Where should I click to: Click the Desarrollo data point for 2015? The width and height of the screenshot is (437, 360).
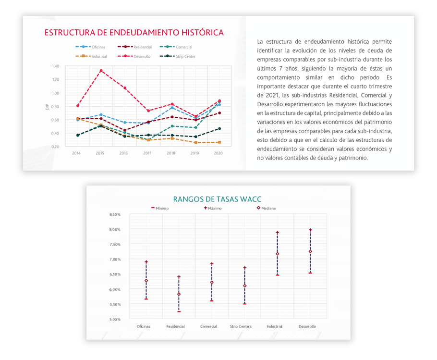[x=101, y=71]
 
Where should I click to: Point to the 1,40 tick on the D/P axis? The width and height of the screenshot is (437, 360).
[x=55, y=66]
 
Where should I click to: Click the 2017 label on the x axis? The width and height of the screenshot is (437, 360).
[x=148, y=153]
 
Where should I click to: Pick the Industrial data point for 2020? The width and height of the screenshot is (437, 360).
[x=219, y=142]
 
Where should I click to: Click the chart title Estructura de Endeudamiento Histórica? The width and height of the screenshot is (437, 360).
[x=134, y=33]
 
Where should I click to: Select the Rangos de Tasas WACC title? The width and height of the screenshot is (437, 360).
[x=217, y=199]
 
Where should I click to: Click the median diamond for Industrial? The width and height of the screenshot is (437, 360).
[x=278, y=254]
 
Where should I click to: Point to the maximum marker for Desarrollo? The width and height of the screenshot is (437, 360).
[x=310, y=230]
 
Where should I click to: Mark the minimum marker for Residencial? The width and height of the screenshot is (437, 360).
[x=179, y=311]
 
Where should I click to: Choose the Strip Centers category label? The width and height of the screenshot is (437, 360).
[x=241, y=326]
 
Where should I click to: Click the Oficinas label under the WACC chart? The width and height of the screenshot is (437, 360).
[x=143, y=326]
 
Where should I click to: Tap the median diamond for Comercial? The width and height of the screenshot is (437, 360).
[x=211, y=283]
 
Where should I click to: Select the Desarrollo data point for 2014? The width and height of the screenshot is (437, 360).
[x=77, y=105]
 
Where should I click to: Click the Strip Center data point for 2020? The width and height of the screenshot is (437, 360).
[x=219, y=128]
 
